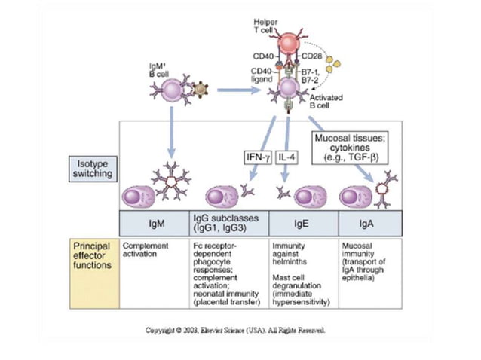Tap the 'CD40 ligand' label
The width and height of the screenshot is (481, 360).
pos(261,75)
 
